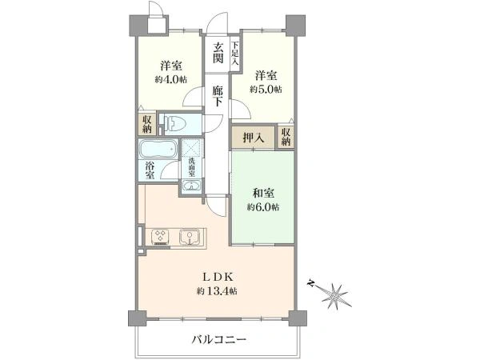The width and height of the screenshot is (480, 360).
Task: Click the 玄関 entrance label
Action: click(218, 53)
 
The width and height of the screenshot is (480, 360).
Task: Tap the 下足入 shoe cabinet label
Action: click(234, 53)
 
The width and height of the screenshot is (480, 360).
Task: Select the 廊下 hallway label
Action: click(218, 96)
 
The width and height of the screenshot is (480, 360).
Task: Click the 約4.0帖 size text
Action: click(171, 79)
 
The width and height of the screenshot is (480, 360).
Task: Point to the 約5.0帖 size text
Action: click(266, 90)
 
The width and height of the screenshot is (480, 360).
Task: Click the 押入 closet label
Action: click(253, 138)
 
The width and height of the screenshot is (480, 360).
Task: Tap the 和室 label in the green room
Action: click(263, 194)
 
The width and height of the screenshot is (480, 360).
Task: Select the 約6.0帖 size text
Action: click(263, 207)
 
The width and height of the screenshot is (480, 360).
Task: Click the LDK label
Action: click(218, 277)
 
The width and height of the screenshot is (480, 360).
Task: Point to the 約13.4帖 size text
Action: click(217, 291)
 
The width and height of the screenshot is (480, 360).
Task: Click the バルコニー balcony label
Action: click(219, 339)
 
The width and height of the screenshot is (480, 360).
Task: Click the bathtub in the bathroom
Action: click(158, 149)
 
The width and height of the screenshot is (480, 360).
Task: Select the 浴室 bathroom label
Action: click(150, 170)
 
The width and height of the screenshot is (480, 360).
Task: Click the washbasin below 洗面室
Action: click(191, 186)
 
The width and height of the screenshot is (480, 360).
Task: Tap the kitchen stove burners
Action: click(160, 237)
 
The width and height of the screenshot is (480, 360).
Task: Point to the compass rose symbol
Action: click(333, 294)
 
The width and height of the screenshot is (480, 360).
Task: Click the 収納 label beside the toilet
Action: click(147, 124)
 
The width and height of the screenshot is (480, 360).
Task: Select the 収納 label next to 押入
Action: click(286, 137)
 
